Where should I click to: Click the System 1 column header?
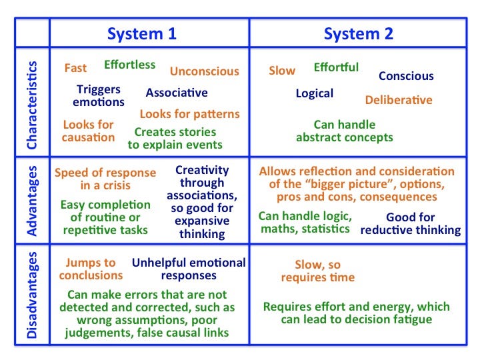click(142, 34)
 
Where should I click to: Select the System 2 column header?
click(359, 34)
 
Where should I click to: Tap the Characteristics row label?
click(32, 105)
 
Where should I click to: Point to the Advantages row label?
click(32, 201)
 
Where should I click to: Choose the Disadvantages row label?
click(32, 295)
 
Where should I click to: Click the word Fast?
click(75, 67)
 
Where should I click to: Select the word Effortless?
click(130, 65)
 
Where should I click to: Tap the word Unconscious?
click(205, 71)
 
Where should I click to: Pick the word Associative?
click(177, 93)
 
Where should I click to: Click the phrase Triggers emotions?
click(99, 95)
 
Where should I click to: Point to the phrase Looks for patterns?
click(190, 114)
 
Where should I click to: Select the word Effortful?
click(336, 67)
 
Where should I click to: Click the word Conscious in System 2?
click(406, 76)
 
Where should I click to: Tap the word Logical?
click(315, 94)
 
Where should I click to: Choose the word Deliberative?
click(399, 100)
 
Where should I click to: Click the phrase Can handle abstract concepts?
click(345, 131)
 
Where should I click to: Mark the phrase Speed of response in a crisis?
click(105, 179)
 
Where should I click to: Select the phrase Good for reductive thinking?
click(411, 224)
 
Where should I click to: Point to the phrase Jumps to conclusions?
click(91, 269)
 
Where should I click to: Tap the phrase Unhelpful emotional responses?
click(189, 269)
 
